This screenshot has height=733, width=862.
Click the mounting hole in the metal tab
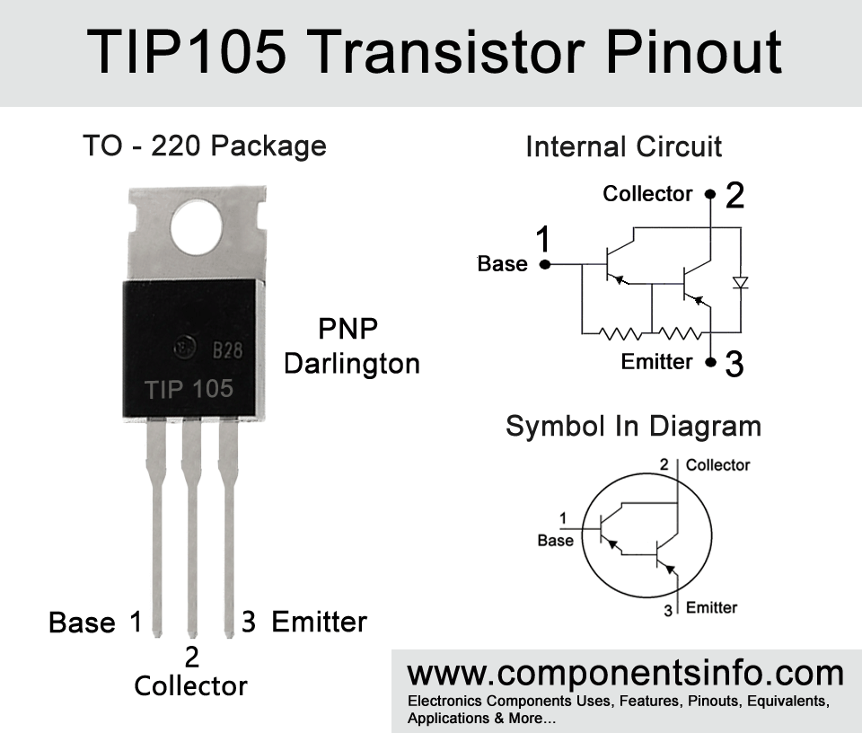coord(197,227)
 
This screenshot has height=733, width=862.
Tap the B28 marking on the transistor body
coord(227,349)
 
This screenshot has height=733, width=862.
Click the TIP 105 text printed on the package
coord(189,389)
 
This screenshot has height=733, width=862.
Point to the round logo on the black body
coord(183,348)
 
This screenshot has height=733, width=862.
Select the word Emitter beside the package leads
coord(320,622)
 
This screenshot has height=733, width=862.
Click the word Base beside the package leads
coord(82,623)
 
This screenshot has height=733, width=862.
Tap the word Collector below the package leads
coord(190,685)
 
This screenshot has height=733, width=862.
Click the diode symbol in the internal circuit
coord(741,283)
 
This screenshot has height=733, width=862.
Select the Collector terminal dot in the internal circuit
coord(710,194)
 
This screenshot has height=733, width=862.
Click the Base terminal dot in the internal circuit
coord(545,264)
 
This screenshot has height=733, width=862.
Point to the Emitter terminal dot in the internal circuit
coord(711,362)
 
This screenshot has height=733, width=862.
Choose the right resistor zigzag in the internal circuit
coord(680,333)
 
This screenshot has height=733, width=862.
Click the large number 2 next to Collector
coord(735,195)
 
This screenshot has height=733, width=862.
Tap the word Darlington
coord(352,365)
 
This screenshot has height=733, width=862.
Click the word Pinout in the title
coord(693,52)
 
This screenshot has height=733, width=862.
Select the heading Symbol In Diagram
coord(633,426)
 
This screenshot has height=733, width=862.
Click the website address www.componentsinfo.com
coord(626,674)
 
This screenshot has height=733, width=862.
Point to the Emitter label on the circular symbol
coord(711,607)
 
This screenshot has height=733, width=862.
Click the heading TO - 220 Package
coord(205,146)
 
